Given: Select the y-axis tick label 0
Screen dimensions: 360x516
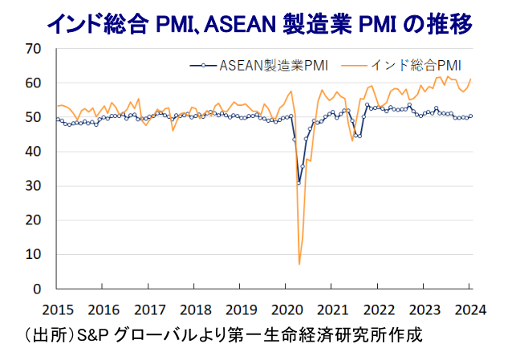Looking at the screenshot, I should click(x=36, y=289).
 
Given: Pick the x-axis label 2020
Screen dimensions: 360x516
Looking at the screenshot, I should click(x=286, y=309).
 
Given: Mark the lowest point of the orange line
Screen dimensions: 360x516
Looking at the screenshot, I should click(x=299, y=264).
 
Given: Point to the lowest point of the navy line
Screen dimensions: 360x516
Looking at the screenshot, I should click(x=299, y=184).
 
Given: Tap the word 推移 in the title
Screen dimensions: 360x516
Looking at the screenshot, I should click(x=446, y=24).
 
